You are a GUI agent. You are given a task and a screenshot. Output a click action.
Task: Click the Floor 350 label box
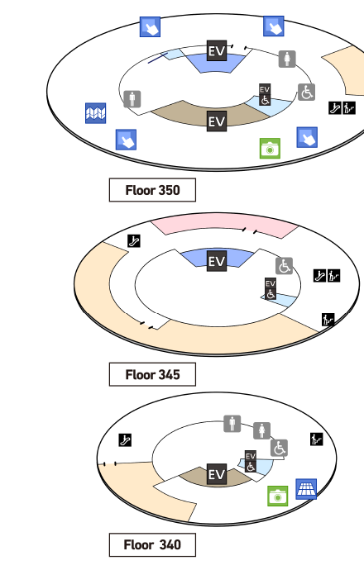coord(152,190)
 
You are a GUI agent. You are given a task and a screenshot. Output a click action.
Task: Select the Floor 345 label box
coord(152,374)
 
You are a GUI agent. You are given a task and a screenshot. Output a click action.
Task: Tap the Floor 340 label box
coord(152,544)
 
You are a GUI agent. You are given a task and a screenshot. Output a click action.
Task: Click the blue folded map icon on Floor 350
coord(96,113)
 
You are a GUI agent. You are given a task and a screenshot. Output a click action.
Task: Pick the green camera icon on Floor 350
coord(270,149)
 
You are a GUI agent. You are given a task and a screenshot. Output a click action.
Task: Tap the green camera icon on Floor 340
coord(278,496)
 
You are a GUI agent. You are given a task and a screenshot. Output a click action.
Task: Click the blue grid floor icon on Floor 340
coord(306,489)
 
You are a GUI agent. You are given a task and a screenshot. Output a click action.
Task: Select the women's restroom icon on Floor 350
coord(287,59)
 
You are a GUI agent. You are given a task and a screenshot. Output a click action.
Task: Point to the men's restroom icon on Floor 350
coord(132,99)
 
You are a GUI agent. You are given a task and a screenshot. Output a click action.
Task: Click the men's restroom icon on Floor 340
coord(232,424)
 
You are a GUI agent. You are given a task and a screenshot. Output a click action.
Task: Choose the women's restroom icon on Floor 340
coord(261,430)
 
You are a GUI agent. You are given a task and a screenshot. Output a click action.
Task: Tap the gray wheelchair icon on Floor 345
coord(285,266)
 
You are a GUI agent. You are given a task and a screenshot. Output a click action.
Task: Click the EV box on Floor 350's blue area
coord(217,50)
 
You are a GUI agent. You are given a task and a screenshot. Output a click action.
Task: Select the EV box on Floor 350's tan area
coord(217,121)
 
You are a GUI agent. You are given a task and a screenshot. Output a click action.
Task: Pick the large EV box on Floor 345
coord(217,261)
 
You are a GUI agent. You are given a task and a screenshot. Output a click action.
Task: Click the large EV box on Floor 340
coord(217,474)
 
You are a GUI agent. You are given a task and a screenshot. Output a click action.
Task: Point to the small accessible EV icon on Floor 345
coord(271,289)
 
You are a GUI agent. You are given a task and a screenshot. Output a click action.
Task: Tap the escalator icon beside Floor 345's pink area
coord(134,240)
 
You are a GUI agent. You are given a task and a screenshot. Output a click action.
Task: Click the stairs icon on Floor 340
coord(317,439)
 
